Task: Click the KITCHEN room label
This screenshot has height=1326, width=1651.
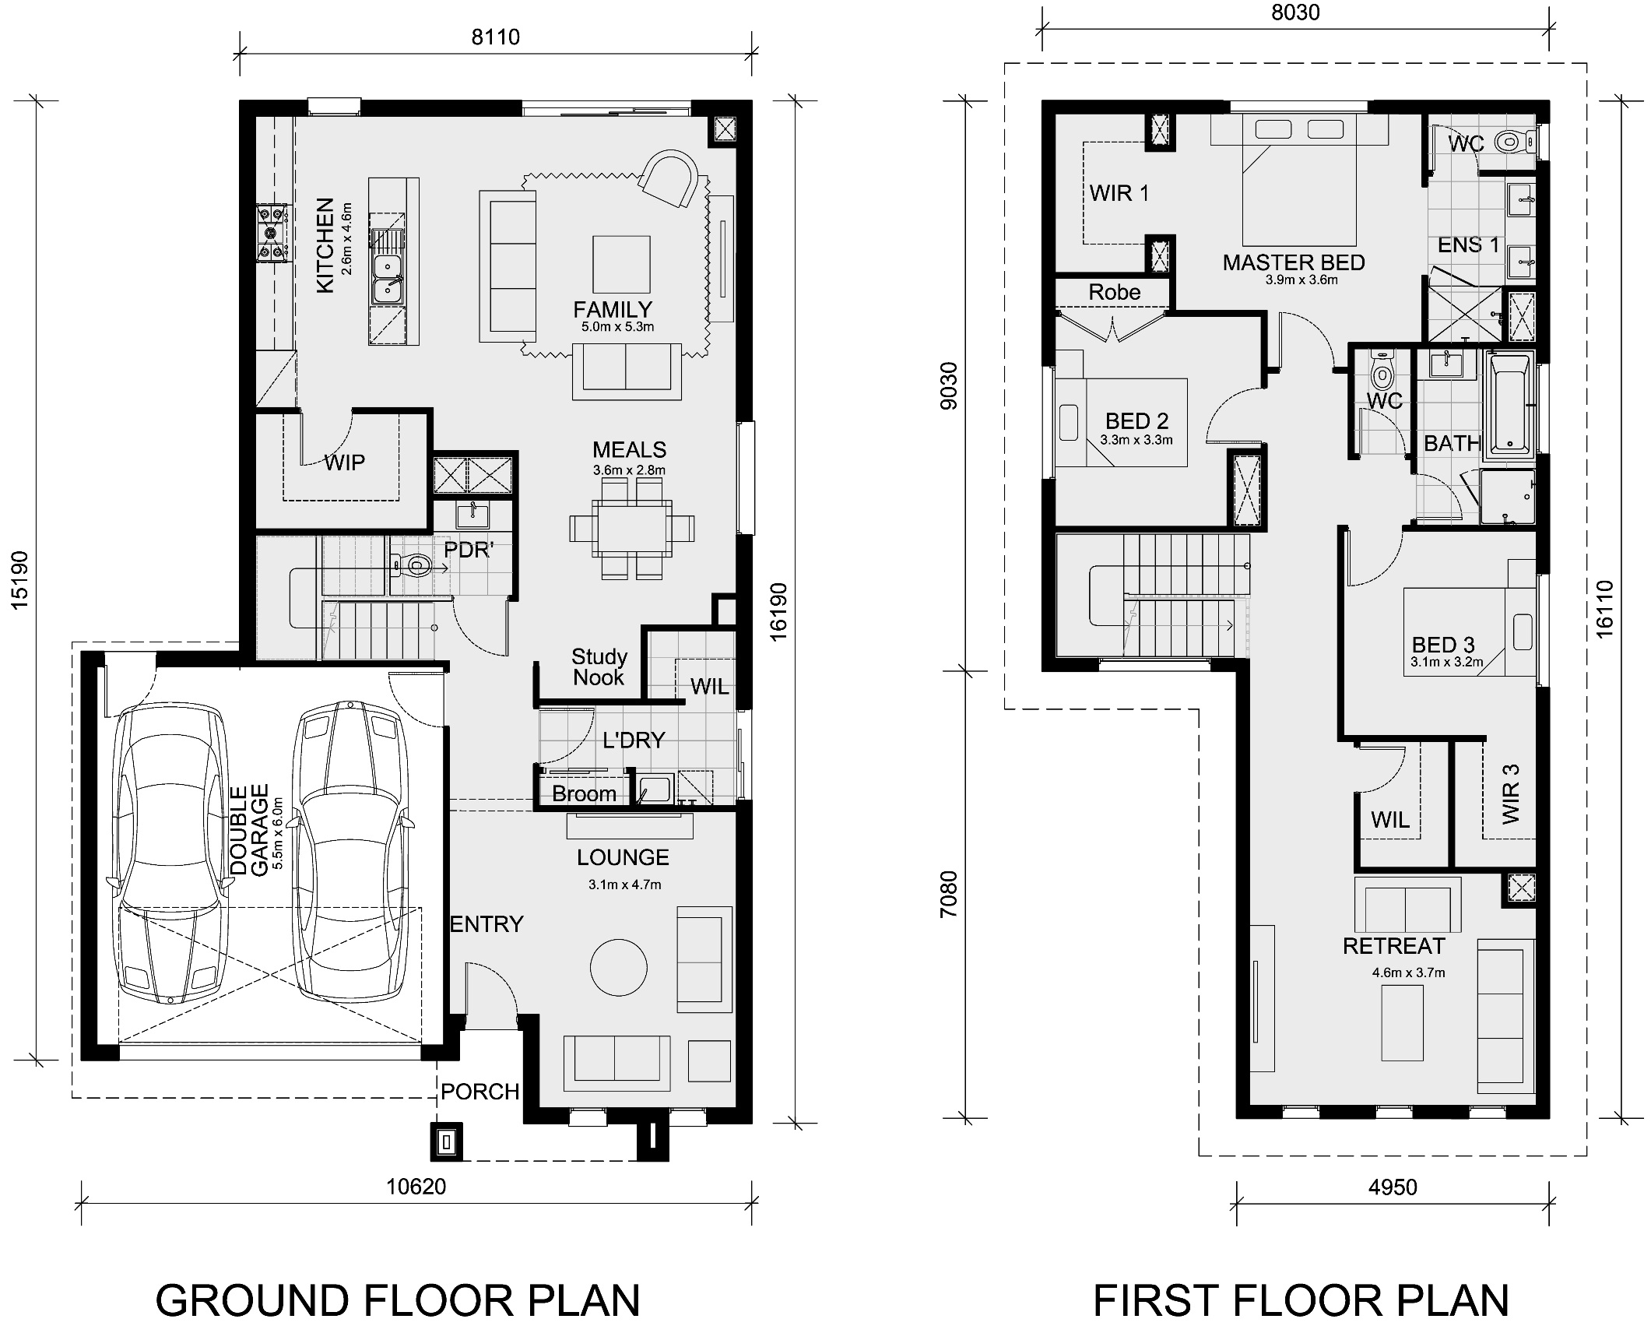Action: click(x=325, y=245)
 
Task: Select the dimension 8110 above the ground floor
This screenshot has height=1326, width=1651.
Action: click(x=495, y=37)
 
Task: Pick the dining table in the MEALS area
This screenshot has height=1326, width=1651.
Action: click(x=631, y=528)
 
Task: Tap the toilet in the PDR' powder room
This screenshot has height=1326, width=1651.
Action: click(x=413, y=564)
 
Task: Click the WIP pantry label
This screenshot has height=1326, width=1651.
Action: click(x=344, y=463)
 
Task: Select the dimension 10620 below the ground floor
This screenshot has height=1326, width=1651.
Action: click(x=416, y=1187)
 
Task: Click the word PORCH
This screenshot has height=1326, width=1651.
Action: click(x=479, y=1092)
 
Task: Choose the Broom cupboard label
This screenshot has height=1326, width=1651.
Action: click(x=584, y=794)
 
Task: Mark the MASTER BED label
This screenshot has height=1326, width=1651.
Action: click(x=1294, y=262)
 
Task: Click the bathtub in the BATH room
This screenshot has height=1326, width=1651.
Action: click(x=1510, y=404)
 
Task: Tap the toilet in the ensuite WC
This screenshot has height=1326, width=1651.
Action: click(x=1509, y=142)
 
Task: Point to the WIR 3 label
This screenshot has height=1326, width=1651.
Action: click(x=1510, y=793)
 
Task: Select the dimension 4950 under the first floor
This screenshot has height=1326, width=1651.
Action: click(x=1393, y=1187)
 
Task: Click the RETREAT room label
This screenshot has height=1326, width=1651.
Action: click(x=1393, y=946)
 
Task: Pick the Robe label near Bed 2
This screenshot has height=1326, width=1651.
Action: click(x=1114, y=292)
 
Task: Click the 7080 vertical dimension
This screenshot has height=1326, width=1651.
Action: click(x=948, y=894)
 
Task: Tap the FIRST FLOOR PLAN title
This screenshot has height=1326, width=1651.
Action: click(x=1301, y=1301)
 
